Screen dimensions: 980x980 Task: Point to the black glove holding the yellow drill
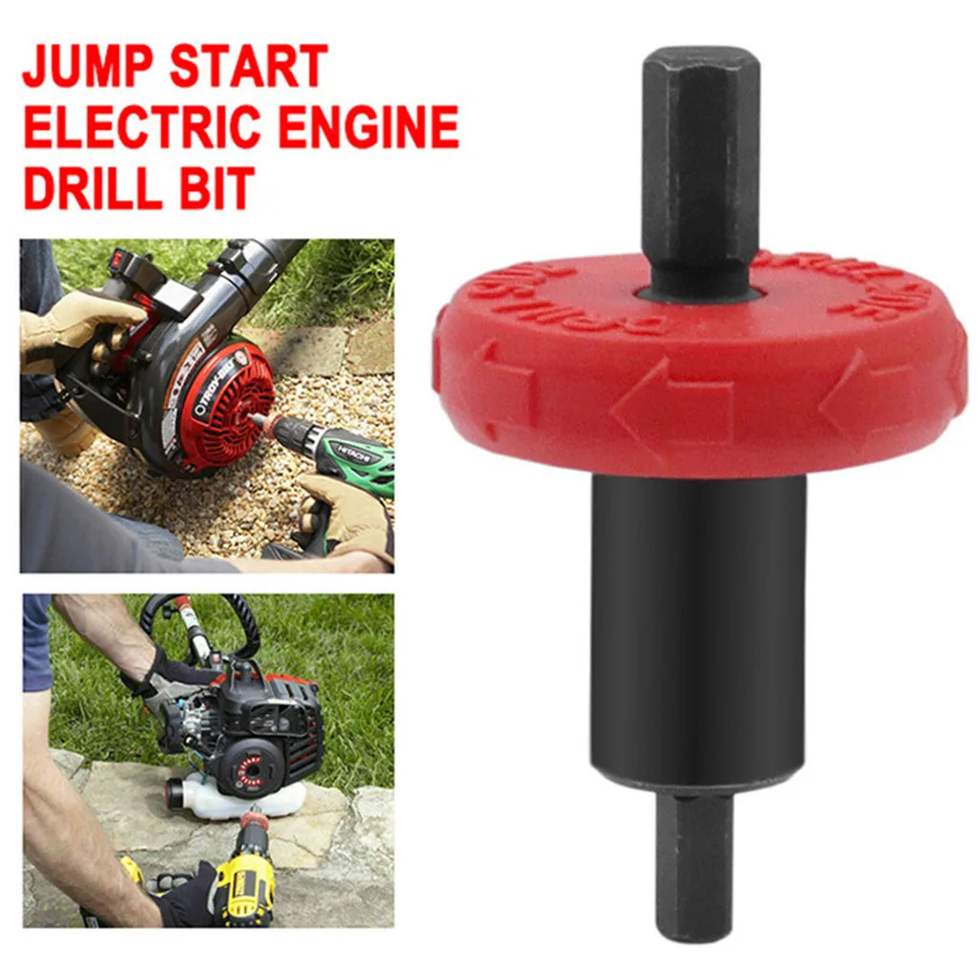pos(187,895)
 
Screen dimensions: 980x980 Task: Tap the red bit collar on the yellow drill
pos(254,819)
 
